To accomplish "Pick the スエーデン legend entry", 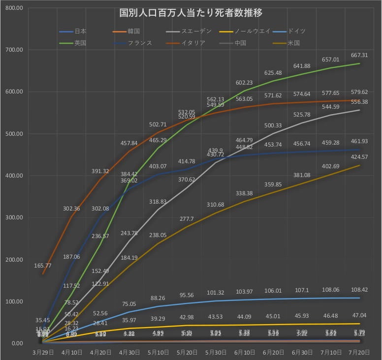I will tap(196, 31).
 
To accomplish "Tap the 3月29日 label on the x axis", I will tap(43, 353).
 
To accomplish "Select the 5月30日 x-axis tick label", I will tap(216, 353).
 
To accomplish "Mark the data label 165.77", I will tap(43, 266).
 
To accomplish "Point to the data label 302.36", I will tap(72, 209).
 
